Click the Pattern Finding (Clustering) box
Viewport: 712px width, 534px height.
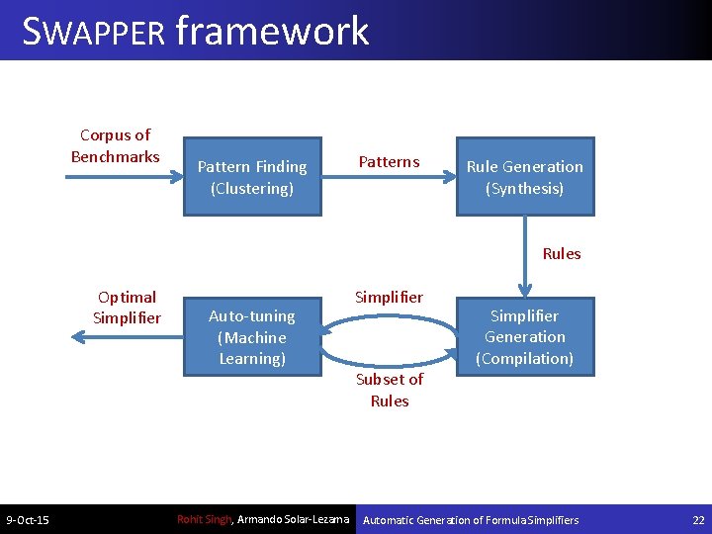pos(252,177)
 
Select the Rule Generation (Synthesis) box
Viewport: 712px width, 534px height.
pos(524,177)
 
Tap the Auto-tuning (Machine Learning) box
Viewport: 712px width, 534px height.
pos(252,337)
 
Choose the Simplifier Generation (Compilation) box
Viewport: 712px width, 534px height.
pos(524,337)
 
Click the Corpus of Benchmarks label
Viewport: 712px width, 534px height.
pos(115,145)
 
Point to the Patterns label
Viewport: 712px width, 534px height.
pos(389,162)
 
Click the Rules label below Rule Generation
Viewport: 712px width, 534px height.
pos(562,254)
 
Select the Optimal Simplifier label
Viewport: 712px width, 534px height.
pos(126,307)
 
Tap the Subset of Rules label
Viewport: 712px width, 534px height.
pos(389,390)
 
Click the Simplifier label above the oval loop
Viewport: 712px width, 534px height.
pos(389,297)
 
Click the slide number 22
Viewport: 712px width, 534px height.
pos(698,520)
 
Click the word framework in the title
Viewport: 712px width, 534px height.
pos(272,31)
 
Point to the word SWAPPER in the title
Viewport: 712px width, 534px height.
pos(94,31)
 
